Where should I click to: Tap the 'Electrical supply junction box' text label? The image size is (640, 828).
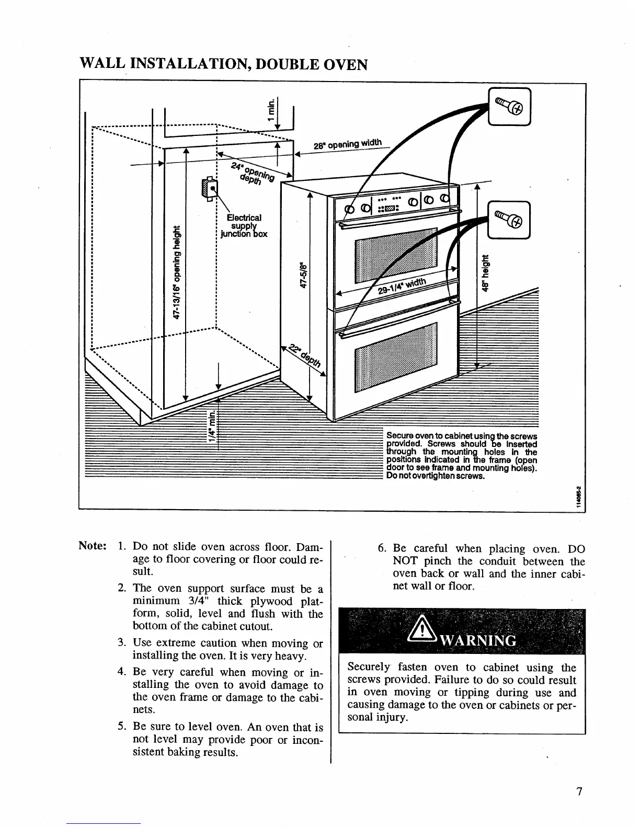point(244,226)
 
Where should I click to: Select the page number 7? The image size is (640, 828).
point(579,791)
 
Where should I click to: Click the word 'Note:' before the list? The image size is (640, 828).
point(93,547)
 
